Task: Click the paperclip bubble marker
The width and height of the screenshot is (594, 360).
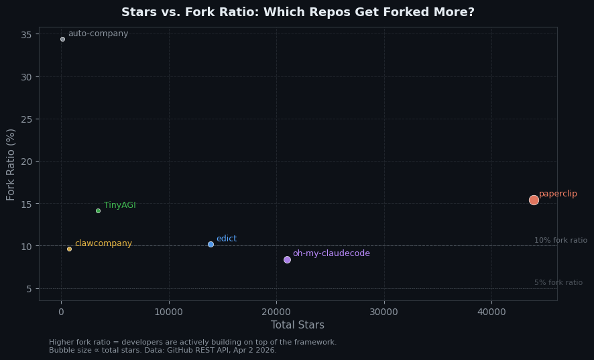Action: [534, 200]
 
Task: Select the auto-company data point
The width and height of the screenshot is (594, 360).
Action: [62, 39]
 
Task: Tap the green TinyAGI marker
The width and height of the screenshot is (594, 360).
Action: [98, 211]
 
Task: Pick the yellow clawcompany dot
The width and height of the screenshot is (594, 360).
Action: [69, 249]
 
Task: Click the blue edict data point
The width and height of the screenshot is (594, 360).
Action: [211, 244]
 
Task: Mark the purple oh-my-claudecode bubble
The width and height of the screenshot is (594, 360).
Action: [287, 259]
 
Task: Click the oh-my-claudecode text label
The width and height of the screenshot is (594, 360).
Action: [331, 253]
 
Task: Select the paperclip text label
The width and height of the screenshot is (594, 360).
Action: [558, 194]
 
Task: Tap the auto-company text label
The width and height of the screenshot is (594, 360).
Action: [98, 34]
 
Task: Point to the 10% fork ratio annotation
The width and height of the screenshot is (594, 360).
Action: [560, 241]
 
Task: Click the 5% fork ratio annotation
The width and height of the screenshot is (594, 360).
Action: [558, 283]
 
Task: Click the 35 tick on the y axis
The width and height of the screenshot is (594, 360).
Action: [27, 34]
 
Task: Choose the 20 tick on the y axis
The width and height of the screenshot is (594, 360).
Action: [27, 162]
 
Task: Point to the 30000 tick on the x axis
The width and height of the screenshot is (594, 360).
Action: [383, 312]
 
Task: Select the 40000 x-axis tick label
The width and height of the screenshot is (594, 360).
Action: [491, 312]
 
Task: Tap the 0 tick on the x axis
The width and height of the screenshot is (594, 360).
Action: [62, 312]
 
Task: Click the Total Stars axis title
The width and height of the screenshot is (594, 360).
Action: [298, 325]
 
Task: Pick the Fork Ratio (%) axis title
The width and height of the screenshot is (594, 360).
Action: [11, 164]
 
